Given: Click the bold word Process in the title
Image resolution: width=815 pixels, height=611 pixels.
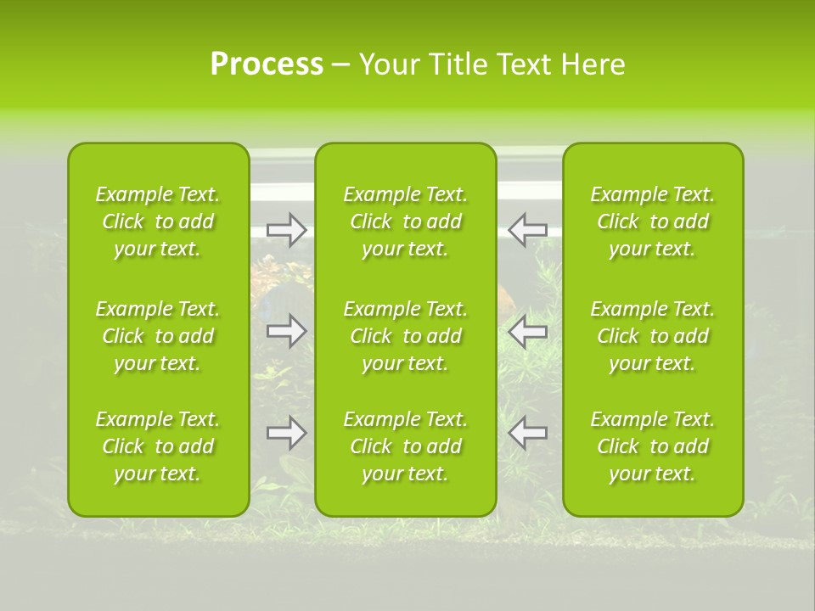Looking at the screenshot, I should pyautogui.click(x=267, y=64).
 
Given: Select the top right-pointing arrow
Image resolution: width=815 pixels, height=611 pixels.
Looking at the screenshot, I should pyautogui.click(x=287, y=230).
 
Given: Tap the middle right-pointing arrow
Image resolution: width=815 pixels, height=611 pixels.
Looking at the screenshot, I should pyautogui.click(x=287, y=331).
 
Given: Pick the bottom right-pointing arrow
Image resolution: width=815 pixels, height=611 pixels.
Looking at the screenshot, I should pyautogui.click(x=287, y=433).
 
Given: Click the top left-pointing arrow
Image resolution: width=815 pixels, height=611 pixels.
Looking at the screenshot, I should pyautogui.click(x=527, y=230).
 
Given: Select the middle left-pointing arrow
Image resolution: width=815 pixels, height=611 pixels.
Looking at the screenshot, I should pyautogui.click(x=527, y=331).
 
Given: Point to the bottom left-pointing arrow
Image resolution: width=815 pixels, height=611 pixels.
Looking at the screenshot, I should pyautogui.click(x=527, y=433).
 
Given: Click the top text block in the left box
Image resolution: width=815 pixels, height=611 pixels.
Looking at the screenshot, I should pyautogui.click(x=158, y=221).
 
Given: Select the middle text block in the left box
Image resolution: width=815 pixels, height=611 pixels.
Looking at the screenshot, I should pyautogui.click(x=158, y=336).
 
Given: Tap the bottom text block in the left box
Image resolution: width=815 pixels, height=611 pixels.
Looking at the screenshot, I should pyautogui.click(x=158, y=446).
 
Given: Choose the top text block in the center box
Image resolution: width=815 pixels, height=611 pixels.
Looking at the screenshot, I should pyautogui.click(x=406, y=221).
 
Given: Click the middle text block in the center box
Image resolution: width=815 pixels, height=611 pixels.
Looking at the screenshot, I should pyautogui.click(x=406, y=336).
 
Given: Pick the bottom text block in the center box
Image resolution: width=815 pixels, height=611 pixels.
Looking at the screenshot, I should pyautogui.click(x=406, y=446).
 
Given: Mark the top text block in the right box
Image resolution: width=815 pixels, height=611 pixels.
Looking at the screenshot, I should pyautogui.click(x=653, y=221).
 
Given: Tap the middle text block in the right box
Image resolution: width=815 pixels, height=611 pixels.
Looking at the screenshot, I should pyautogui.click(x=653, y=336).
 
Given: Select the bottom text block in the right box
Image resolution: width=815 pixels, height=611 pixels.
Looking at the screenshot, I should pyautogui.click(x=653, y=446).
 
